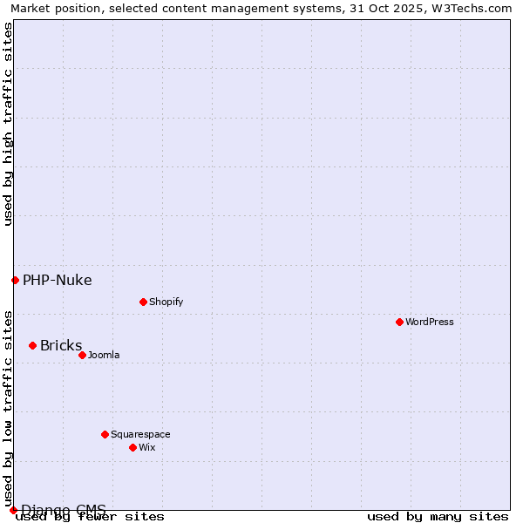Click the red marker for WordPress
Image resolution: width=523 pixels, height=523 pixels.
pos(399,322)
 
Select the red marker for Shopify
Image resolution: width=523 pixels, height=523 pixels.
pos(143,302)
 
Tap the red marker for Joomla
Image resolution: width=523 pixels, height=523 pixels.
pos(82,355)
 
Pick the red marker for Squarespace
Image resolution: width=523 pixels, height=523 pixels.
pos(105,434)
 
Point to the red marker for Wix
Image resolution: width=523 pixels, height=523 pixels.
pos(132,447)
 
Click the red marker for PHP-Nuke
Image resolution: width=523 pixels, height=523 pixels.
pos(15,280)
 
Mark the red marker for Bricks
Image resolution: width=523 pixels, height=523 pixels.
pos(32,345)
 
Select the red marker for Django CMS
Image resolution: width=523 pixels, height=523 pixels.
pos(13,510)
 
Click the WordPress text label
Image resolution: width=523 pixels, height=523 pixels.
pos(430,322)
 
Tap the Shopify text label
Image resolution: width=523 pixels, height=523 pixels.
pos(166,302)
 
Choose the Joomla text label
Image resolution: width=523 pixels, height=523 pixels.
pos(104,355)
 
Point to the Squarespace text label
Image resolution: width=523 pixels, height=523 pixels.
pos(140,434)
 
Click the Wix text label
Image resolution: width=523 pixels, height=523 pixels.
pos(146,447)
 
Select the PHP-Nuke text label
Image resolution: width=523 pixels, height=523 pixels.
pos(58,280)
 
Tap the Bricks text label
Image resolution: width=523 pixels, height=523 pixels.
pos(61,345)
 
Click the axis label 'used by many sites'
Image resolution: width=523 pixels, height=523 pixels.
pos(438,516)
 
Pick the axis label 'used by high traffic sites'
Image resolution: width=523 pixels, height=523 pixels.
pos(8,124)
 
